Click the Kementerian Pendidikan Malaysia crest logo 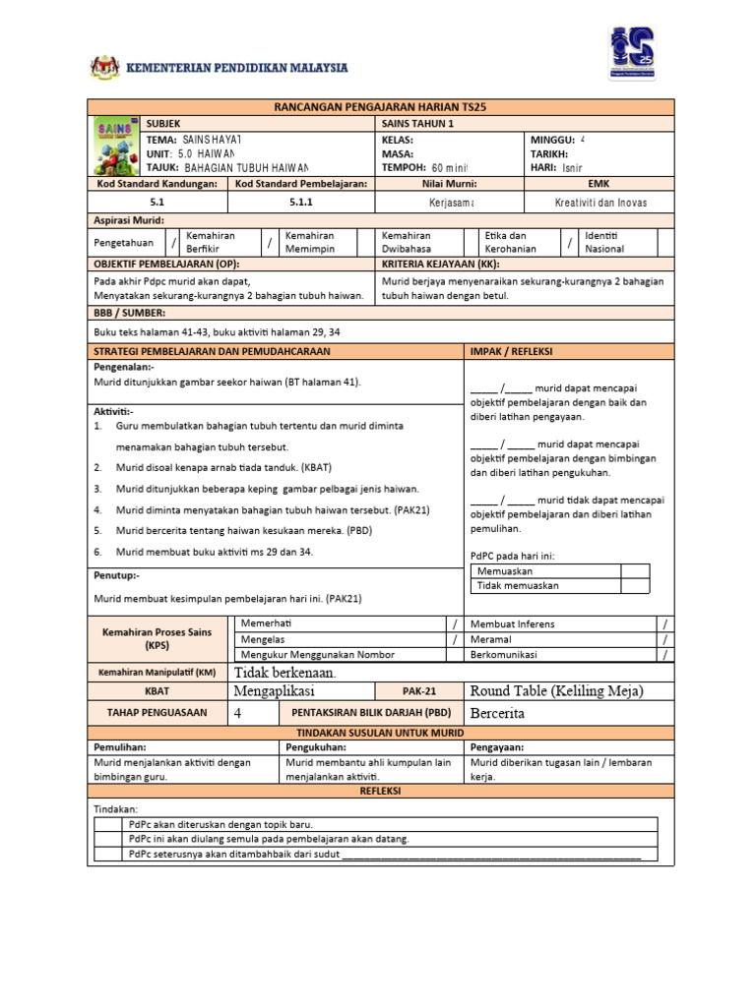pyautogui.click(x=102, y=67)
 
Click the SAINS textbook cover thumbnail pyautogui.click(x=116, y=147)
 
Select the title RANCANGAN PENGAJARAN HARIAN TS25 pyautogui.click(x=380, y=106)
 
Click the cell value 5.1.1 pyautogui.click(x=300, y=202)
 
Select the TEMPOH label pyautogui.click(x=404, y=168)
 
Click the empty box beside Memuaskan pyautogui.click(x=635, y=570)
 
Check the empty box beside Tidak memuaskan pyautogui.click(x=635, y=585)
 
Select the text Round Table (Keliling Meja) pyautogui.click(x=557, y=691)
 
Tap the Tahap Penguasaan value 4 pyautogui.click(x=238, y=713)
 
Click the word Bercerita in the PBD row pyautogui.click(x=498, y=713)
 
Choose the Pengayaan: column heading pyautogui.click(x=497, y=747)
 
